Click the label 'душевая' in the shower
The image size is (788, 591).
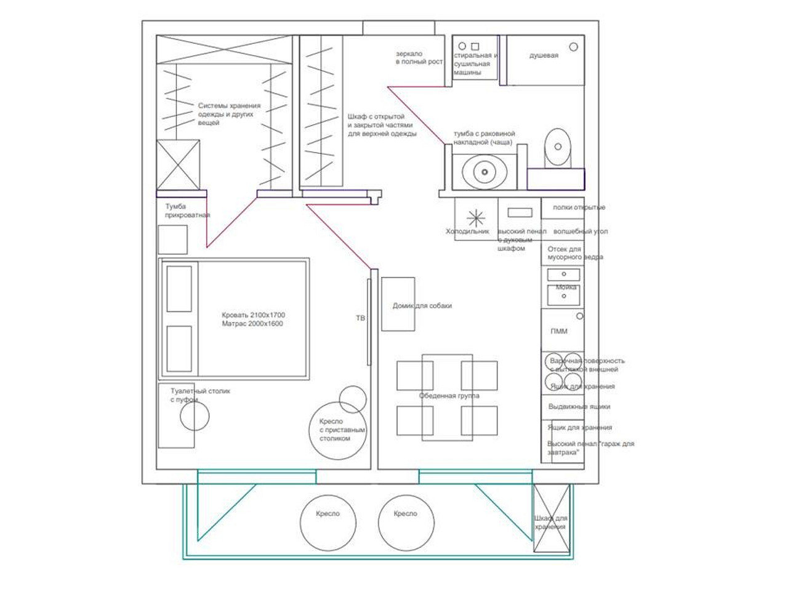pyautogui.click(x=544, y=55)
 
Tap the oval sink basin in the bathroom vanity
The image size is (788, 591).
pyautogui.click(x=484, y=171)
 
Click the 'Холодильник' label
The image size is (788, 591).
pyautogui.click(x=467, y=231)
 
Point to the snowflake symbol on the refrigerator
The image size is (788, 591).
pyautogui.click(x=476, y=218)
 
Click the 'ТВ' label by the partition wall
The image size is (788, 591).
pyautogui.click(x=360, y=318)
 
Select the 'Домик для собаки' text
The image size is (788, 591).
pyautogui.click(x=422, y=305)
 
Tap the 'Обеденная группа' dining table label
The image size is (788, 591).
pyautogui.click(x=449, y=396)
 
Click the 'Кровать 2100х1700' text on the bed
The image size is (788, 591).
pyautogui.click(x=253, y=315)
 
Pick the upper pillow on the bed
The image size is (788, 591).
pyautogui.click(x=179, y=289)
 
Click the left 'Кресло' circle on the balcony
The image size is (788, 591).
pyautogui.click(x=328, y=523)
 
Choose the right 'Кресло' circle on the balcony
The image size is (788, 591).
pyautogui.click(x=406, y=523)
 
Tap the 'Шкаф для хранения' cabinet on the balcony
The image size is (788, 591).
pyautogui.click(x=551, y=518)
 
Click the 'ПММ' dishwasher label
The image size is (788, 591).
pyautogui.click(x=558, y=331)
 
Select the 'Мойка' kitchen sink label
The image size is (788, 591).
pyautogui.click(x=566, y=287)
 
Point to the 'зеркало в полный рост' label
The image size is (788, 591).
pyautogui.click(x=419, y=58)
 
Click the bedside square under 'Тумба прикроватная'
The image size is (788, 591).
pyautogui.click(x=172, y=239)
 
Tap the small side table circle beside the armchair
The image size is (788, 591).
pyautogui.click(x=352, y=399)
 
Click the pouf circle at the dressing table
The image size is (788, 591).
pyautogui.click(x=195, y=417)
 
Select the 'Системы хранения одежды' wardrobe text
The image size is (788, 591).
pyautogui.click(x=229, y=114)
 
